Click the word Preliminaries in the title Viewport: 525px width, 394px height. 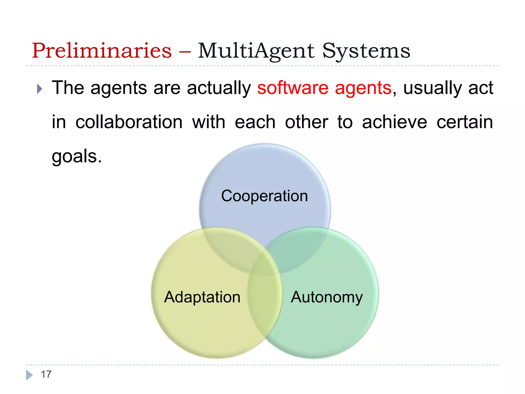102,51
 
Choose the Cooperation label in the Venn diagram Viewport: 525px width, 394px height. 264,196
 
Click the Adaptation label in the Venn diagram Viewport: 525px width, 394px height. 202,297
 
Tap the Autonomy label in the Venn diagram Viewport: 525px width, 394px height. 327,297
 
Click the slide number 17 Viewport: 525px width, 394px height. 46,375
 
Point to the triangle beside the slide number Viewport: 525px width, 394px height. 29,375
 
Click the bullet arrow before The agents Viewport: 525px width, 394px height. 39,89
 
